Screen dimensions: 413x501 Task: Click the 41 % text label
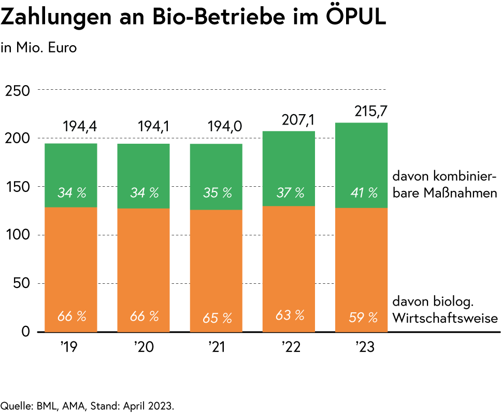[x=364, y=193]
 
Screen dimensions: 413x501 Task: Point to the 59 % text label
[x=363, y=318]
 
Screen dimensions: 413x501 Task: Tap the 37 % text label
[x=290, y=193]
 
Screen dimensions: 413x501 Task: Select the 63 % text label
[x=290, y=315]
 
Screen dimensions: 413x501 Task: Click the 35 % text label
[x=217, y=193]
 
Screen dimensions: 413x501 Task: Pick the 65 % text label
[x=217, y=318]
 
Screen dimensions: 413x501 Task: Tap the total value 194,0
[x=225, y=127]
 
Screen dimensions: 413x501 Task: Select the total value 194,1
[x=154, y=127]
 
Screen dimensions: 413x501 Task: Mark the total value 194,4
[x=80, y=127]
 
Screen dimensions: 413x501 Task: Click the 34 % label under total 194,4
[x=71, y=193]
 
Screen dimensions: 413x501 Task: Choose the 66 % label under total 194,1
[x=144, y=316]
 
